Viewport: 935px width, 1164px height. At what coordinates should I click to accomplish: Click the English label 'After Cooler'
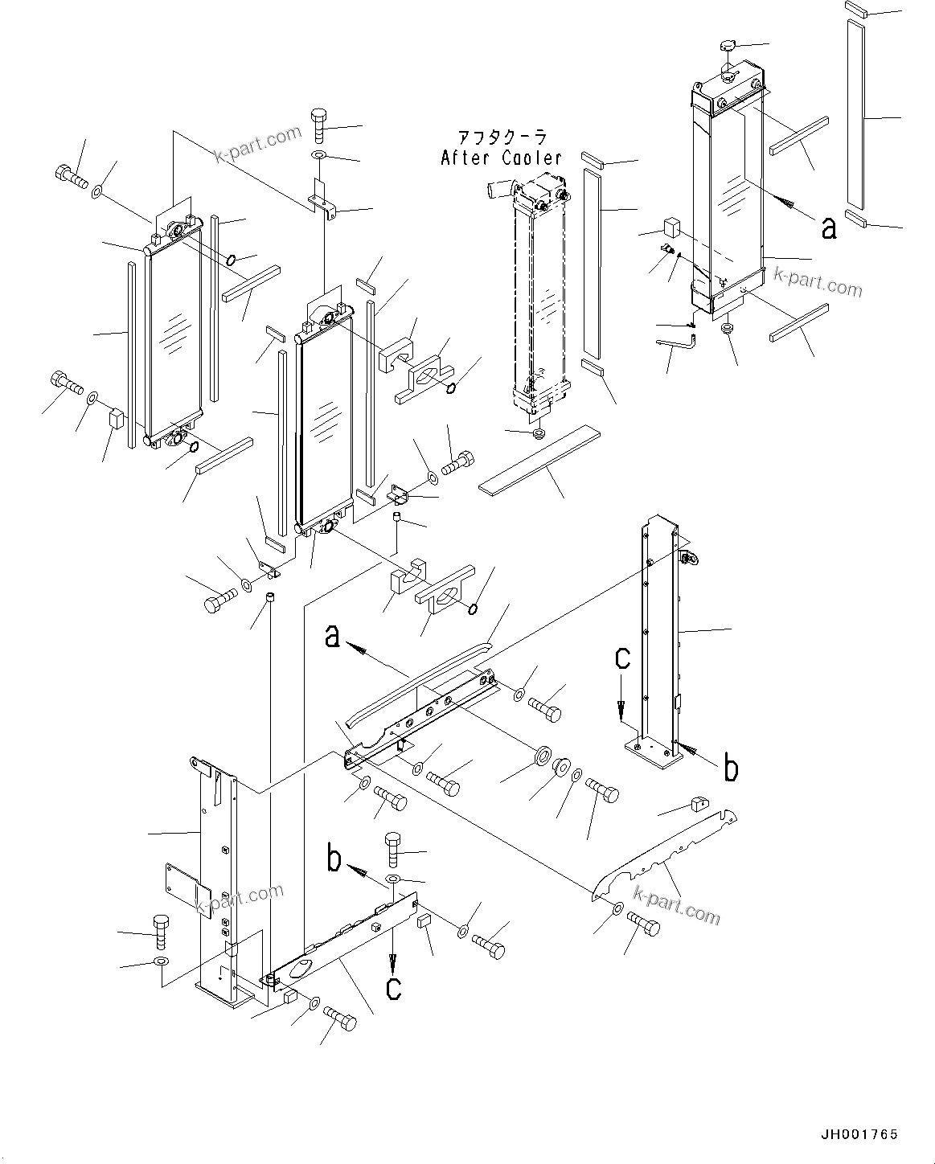click(x=501, y=158)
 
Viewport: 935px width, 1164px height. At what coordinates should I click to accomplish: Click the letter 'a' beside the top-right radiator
click(x=828, y=228)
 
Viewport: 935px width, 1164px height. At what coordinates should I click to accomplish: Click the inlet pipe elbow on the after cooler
click(x=495, y=191)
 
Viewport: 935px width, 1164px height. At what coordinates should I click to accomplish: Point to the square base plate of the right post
click(x=652, y=754)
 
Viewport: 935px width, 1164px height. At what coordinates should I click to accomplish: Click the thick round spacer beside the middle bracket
click(x=543, y=756)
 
